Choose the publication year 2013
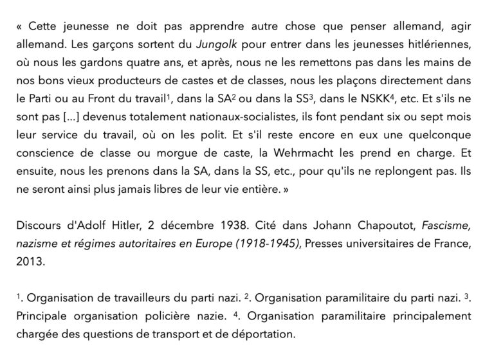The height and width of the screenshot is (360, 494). (x=30, y=264)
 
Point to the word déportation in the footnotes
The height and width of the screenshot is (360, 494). (x=260, y=334)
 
